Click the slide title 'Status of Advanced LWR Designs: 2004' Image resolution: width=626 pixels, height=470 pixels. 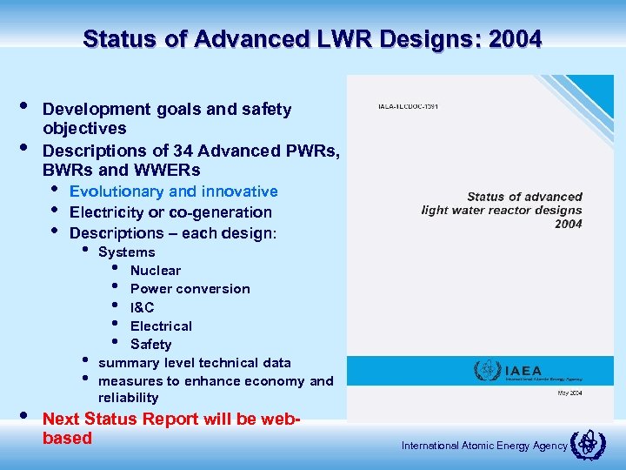[312, 39]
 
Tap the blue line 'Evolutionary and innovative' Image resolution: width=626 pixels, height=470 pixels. [173, 191]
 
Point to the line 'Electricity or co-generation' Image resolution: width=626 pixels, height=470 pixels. [170, 212]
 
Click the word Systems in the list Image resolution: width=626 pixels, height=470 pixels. [127, 252]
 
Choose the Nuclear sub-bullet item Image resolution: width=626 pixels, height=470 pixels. [156, 271]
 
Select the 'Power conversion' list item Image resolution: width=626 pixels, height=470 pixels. [190, 289]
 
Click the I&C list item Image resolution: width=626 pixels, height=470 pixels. [143, 307]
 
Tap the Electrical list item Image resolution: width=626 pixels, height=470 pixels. [161, 326]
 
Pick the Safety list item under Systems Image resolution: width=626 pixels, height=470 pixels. [150, 344]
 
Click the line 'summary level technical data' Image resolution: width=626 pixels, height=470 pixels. [195, 363]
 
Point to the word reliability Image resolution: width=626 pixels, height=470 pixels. [129, 398]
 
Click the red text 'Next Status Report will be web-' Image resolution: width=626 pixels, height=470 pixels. [171, 419]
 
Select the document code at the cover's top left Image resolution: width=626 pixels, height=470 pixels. [408, 106]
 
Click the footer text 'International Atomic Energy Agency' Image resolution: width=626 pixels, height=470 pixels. [484, 446]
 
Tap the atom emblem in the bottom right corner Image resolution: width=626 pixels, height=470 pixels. [587, 445]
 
